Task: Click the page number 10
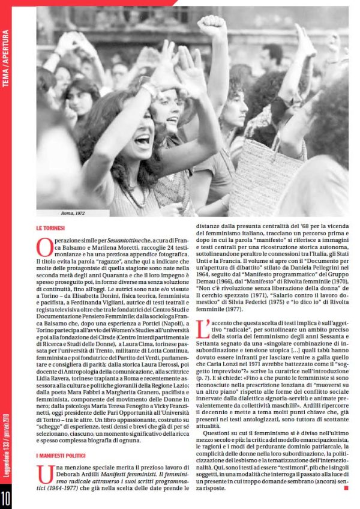6,498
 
